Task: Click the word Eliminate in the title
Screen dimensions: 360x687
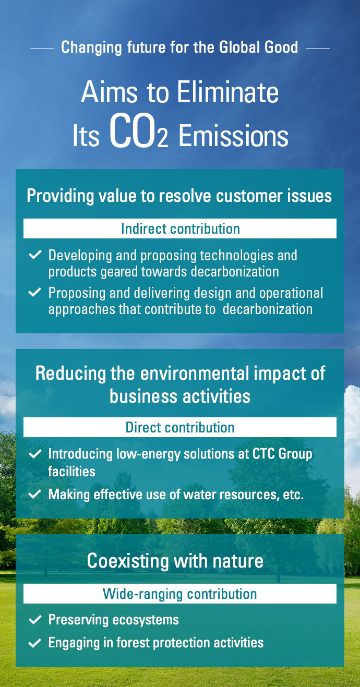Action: [x=228, y=92]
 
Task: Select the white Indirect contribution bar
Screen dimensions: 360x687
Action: [x=180, y=228]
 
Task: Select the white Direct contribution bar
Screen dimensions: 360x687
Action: [x=180, y=427]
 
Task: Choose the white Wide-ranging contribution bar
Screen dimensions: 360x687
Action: [x=180, y=594]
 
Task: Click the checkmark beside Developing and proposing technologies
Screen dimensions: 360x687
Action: [x=35, y=255]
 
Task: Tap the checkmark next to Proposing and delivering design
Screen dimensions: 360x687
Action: [x=35, y=292]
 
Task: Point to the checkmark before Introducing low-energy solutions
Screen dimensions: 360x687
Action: [x=35, y=454]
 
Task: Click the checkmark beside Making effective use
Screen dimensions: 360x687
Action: [x=35, y=494]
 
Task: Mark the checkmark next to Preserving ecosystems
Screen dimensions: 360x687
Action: [x=35, y=620]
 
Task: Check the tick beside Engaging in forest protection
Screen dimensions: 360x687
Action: [x=35, y=643]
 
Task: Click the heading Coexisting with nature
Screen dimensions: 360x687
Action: [x=175, y=561]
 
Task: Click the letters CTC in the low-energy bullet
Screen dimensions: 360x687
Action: [x=263, y=454]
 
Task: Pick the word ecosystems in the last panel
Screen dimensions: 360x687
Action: [x=146, y=620]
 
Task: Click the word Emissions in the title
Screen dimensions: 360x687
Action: [x=233, y=136]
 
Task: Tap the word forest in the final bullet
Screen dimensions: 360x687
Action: [x=133, y=643]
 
